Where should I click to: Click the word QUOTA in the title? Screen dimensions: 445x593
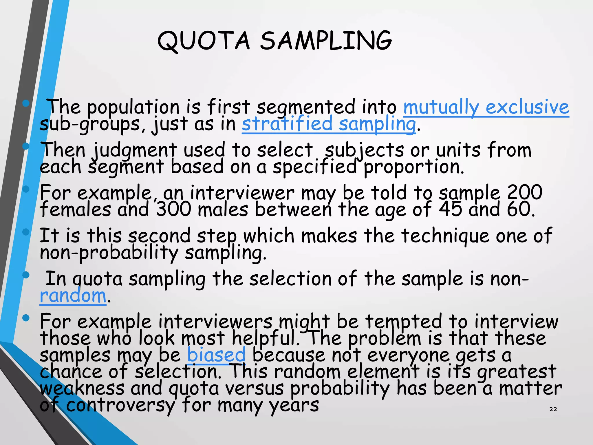tap(203, 41)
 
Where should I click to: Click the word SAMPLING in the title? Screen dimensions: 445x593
tap(325, 41)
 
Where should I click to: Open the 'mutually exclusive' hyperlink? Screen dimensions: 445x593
tap(486, 107)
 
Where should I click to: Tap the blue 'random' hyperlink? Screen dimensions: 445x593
tap(73, 296)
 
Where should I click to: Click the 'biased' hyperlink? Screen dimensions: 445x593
tap(216, 355)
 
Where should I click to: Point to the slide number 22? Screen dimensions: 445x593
tap(553, 409)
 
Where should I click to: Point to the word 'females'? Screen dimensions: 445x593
tap(75, 209)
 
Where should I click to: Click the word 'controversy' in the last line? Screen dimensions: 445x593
tap(120, 405)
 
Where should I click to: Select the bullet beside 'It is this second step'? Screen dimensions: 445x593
tap(26, 232)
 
